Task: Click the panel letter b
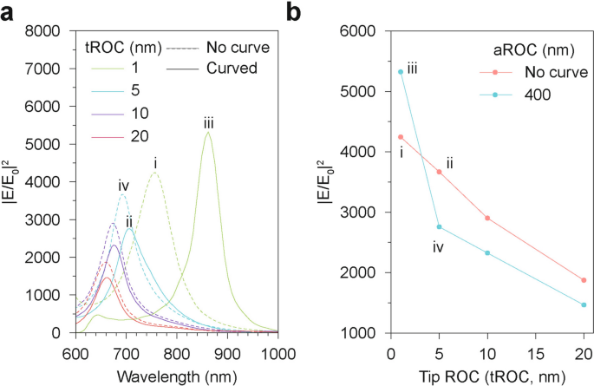coord(295,12)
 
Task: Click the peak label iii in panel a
coord(209,124)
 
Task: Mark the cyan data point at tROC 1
coord(400,72)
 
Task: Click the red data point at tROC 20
coord(583,280)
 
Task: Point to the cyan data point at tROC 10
coord(487,252)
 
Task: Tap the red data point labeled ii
coord(439,172)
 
